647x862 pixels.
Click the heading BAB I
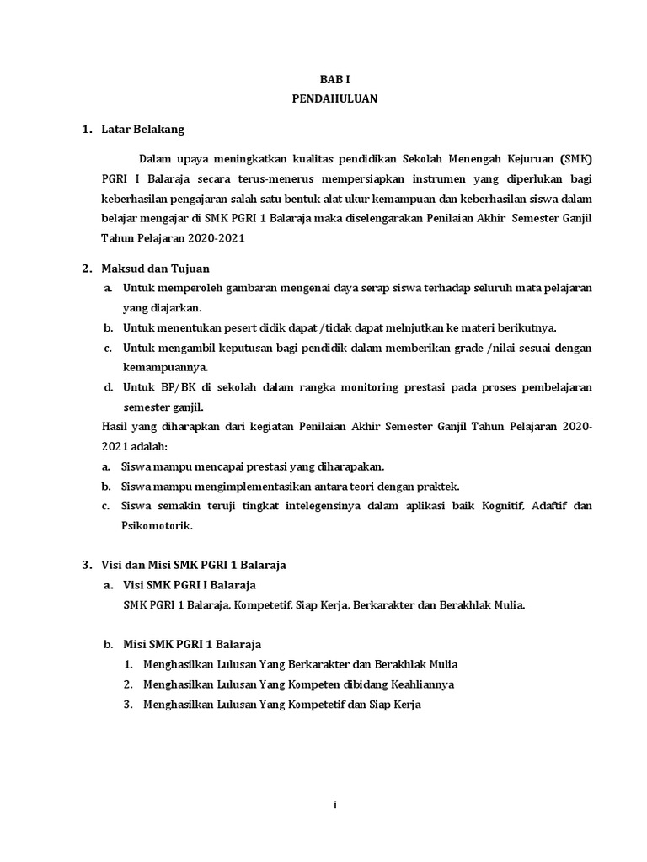[x=334, y=78]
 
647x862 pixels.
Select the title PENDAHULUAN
[x=334, y=99]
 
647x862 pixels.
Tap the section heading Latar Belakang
[x=142, y=130]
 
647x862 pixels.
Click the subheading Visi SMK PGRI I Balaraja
[x=190, y=584]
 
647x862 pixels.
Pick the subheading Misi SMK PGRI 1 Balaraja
[x=191, y=644]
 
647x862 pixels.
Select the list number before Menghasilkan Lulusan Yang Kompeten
[x=128, y=684]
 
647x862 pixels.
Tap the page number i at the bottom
[x=334, y=806]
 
